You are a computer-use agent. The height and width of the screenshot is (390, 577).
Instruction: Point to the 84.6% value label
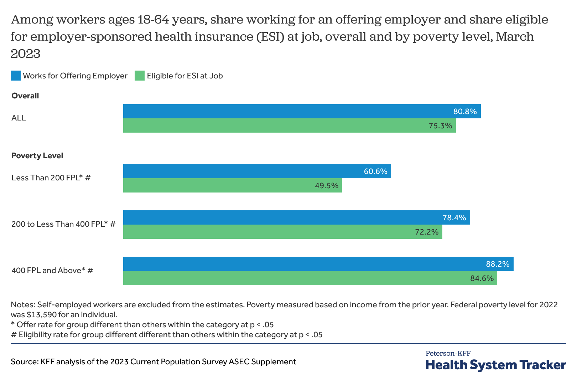[x=482, y=278]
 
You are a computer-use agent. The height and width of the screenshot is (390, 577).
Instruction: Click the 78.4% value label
[x=454, y=218]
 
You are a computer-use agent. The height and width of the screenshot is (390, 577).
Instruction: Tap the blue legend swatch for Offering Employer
[x=16, y=76]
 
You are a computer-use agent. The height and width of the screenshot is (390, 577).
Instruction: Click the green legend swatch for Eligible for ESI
[x=140, y=76]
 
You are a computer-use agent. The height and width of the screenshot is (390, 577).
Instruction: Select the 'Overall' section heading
[x=25, y=96]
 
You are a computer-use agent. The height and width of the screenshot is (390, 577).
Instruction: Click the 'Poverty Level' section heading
[x=37, y=155]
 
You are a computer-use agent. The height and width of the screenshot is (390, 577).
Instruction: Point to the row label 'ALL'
[x=19, y=118]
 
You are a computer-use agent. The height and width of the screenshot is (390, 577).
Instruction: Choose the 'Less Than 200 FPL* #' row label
[x=51, y=178]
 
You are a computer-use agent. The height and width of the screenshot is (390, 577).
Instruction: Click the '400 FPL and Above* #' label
[x=52, y=270]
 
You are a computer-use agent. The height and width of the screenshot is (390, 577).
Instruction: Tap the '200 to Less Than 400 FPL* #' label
[x=63, y=224]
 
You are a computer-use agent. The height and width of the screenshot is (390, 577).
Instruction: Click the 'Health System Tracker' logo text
[x=495, y=365]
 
